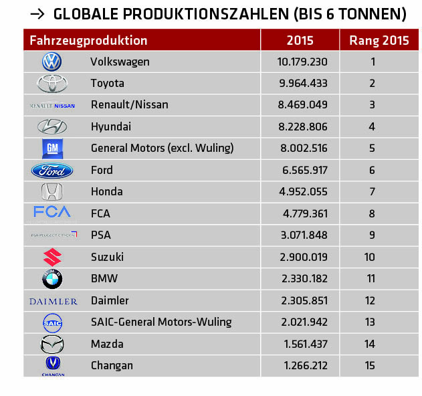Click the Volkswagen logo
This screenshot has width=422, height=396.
click(51, 62)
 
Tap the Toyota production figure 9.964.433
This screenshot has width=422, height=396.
click(302, 84)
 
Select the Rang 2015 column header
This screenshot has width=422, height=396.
click(379, 40)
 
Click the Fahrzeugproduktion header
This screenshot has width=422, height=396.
click(88, 40)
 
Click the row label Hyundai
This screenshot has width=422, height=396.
click(111, 127)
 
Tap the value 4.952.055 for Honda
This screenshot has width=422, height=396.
click(302, 192)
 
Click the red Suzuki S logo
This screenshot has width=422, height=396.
click(52, 257)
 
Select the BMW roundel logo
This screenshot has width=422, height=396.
click(52, 279)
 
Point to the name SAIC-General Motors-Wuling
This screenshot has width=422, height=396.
click(161, 322)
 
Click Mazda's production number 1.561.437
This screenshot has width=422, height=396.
click(302, 344)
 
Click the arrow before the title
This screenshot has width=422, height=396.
click(37, 13)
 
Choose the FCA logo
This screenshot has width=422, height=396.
click(52, 213)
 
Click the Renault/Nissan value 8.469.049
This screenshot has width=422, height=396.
click(302, 105)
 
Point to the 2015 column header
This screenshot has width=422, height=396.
click(300, 40)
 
